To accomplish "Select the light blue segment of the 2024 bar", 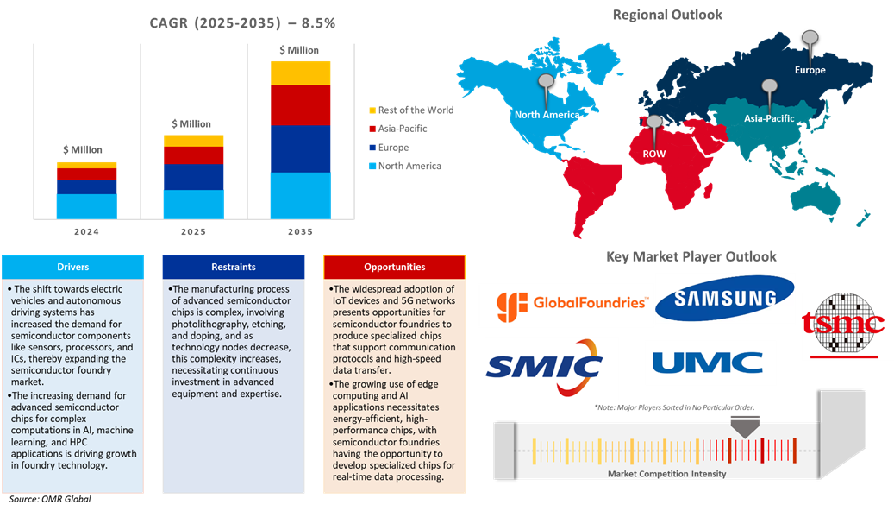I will pyautogui.click(x=86, y=205).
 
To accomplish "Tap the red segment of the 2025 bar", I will pyautogui.click(x=193, y=155).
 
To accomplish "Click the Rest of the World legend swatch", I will pyautogui.click(x=372, y=110).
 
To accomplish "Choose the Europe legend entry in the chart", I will pyautogui.click(x=397, y=148).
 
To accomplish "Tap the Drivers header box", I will pyautogui.click(x=72, y=267).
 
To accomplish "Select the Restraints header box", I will pyautogui.click(x=233, y=267).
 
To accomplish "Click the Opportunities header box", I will pyautogui.click(x=394, y=267).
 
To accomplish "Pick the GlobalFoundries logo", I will pyautogui.click(x=566, y=303).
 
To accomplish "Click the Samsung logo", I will pyautogui.click(x=724, y=299).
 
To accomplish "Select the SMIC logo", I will pyautogui.click(x=551, y=367).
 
